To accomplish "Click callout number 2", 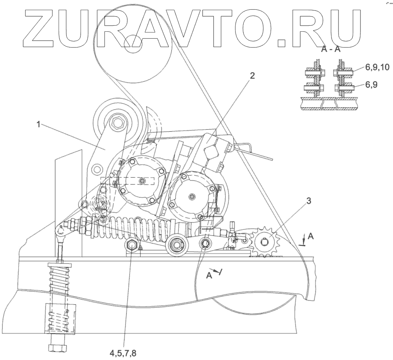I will [x=252, y=76].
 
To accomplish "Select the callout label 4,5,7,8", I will [x=122, y=352].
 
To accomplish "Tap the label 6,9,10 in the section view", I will [x=377, y=68].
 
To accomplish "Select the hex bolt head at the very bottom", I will [x=55, y=348].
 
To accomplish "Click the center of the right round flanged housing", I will [x=192, y=196].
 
